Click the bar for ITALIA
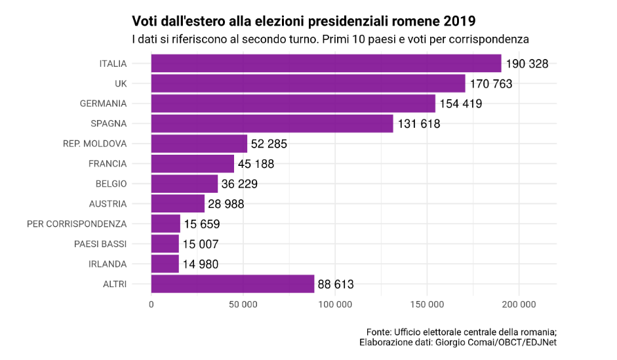[x=326, y=64]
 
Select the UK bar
[x=308, y=83]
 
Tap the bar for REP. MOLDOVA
[x=199, y=144]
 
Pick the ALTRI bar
[x=233, y=284]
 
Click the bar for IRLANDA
[x=165, y=264]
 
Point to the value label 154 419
[x=461, y=104]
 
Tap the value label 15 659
[x=201, y=224]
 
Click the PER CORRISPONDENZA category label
[x=77, y=224]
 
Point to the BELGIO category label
[x=111, y=184]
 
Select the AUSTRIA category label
[x=108, y=204]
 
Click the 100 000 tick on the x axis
[x=335, y=304]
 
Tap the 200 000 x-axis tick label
[x=519, y=304]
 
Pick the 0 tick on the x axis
[x=151, y=304]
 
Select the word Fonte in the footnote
[x=379, y=331]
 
